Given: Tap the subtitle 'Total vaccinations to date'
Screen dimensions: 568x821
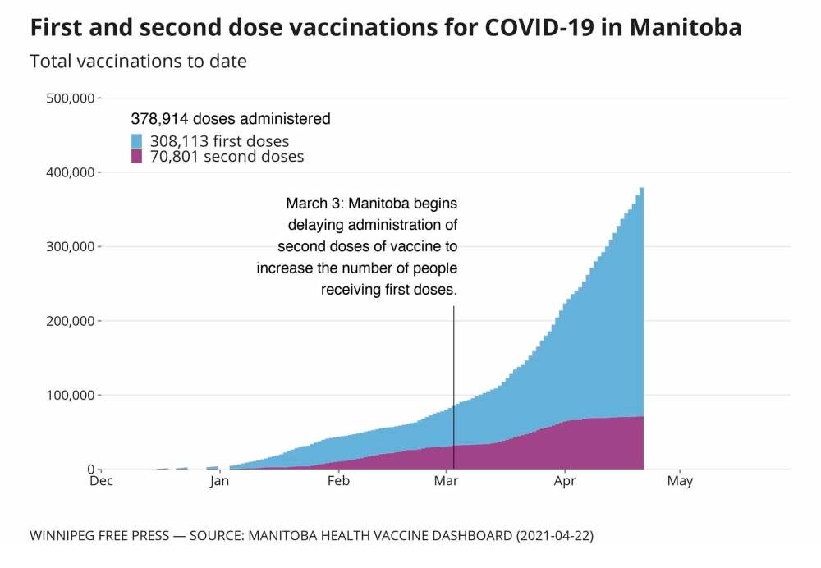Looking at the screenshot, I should pos(138,62).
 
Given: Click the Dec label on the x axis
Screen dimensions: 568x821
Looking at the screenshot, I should pos(101,481).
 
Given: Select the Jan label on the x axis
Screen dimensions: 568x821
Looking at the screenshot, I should pos(219,481).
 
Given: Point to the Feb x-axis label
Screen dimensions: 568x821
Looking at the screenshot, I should pos(338,481).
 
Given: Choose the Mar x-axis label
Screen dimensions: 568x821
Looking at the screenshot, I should pos(446,481).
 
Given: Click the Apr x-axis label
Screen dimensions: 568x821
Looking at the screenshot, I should pos(565,481).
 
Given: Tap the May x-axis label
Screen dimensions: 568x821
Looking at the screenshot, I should pos(680,481).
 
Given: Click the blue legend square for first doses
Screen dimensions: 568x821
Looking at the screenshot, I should pos(137,140).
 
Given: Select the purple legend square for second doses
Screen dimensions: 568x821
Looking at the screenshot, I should pos(137,156).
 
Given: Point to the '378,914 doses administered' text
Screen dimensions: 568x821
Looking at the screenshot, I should pos(231,119).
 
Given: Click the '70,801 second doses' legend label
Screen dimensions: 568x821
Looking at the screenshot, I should pos(227,157).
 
